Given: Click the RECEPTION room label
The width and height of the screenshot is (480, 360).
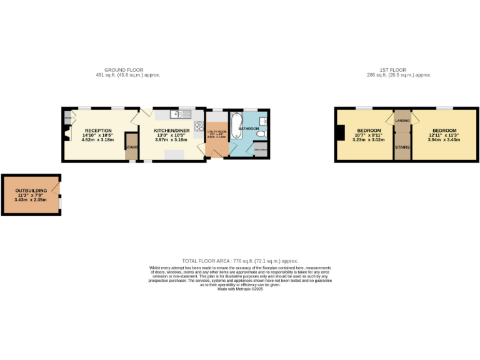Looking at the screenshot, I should point(98,131).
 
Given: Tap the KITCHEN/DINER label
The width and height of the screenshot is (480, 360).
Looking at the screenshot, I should point(172,131).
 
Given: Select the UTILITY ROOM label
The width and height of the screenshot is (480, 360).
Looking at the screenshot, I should point(216,132).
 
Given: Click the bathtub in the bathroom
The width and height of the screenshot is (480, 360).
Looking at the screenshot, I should point(236,125).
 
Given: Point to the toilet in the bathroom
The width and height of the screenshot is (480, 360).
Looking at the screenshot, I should point(262,133).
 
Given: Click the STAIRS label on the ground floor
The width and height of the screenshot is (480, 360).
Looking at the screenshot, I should point(131,147).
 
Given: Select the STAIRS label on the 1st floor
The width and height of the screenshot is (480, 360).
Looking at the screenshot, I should point(401,147).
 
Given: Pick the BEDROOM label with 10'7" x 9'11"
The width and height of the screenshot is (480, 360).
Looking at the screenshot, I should point(369,131).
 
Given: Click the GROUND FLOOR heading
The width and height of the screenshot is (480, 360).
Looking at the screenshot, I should point(124,70).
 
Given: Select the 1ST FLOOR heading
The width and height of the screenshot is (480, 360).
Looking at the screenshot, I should point(399,70).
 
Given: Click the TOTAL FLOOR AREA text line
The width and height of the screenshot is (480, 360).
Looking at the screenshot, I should point(240,261).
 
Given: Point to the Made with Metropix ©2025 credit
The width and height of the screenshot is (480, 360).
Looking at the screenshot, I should point(240,289).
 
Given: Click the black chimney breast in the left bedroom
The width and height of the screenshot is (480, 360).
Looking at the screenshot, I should point(339,134).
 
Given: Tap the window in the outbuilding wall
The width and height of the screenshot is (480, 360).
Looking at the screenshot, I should point(60,204).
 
